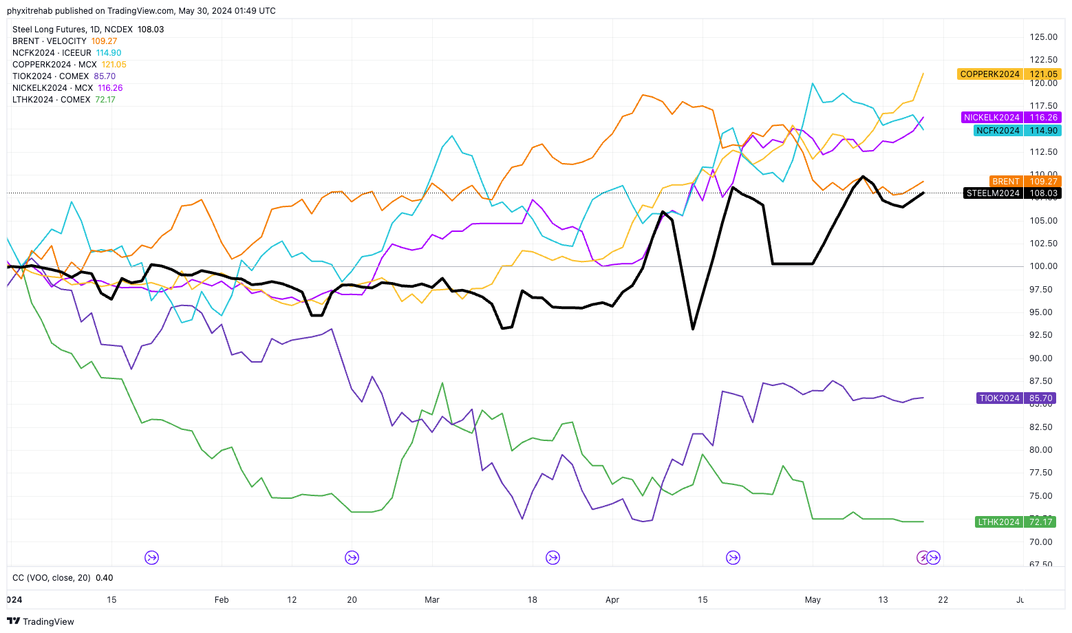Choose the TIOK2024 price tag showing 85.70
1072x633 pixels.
point(1016,398)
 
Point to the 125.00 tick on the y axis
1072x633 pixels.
point(1043,37)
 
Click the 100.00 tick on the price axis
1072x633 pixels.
point(1043,266)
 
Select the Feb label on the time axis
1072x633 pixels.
point(222,600)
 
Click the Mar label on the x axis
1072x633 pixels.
point(432,600)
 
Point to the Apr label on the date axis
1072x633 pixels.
point(612,600)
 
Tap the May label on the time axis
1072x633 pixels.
point(813,600)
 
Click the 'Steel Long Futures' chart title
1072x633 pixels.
point(50,30)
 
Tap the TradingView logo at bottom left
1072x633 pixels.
point(41,621)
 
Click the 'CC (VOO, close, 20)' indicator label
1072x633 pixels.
point(52,578)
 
